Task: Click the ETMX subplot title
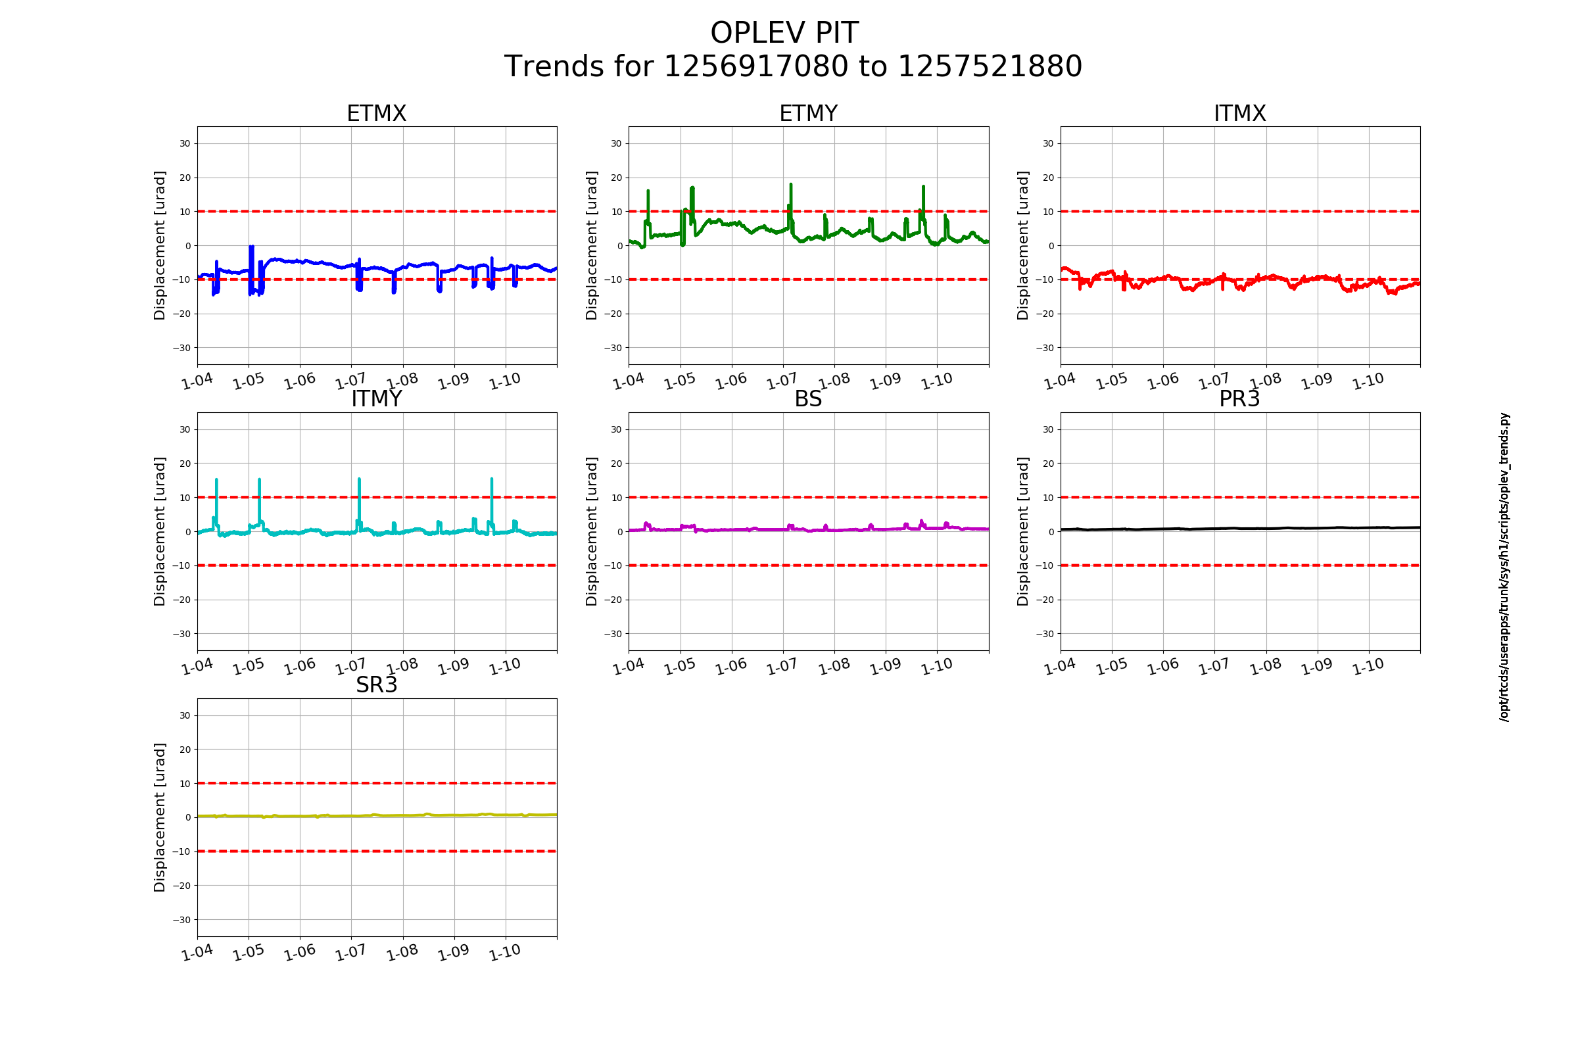coord(376,113)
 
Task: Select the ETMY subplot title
coord(808,113)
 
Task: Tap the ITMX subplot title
coord(1240,113)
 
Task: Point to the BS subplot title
coord(808,399)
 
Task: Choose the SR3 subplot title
coord(376,685)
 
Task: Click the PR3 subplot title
coord(1239,399)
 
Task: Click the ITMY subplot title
coord(376,399)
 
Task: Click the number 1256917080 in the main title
coord(755,66)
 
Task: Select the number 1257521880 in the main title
coord(990,66)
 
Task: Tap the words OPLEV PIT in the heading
coord(784,33)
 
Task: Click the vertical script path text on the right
coord(1504,567)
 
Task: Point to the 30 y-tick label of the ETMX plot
coord(185,143)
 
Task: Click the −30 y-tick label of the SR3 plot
coord(181,920)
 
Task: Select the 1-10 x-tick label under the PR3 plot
coord(1368,666)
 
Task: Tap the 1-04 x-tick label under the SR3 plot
coord(197,953)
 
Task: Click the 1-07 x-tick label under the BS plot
coord(782,666)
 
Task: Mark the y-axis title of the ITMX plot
coord(1022,245)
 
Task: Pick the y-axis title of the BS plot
coord(591,531)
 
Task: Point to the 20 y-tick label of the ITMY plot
coord(185,464)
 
